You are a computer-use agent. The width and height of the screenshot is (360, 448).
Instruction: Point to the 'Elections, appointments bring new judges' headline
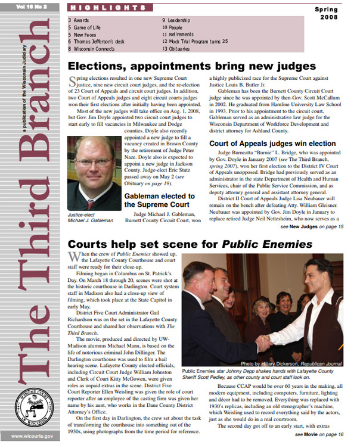pyautogui.click(x=191, y=66)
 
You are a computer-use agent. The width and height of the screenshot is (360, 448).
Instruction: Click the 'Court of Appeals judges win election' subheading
pyautogui.click(x=272, y=144)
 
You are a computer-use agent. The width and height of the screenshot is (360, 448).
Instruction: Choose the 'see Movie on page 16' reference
pyautogui.click(x=319, y=435)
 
